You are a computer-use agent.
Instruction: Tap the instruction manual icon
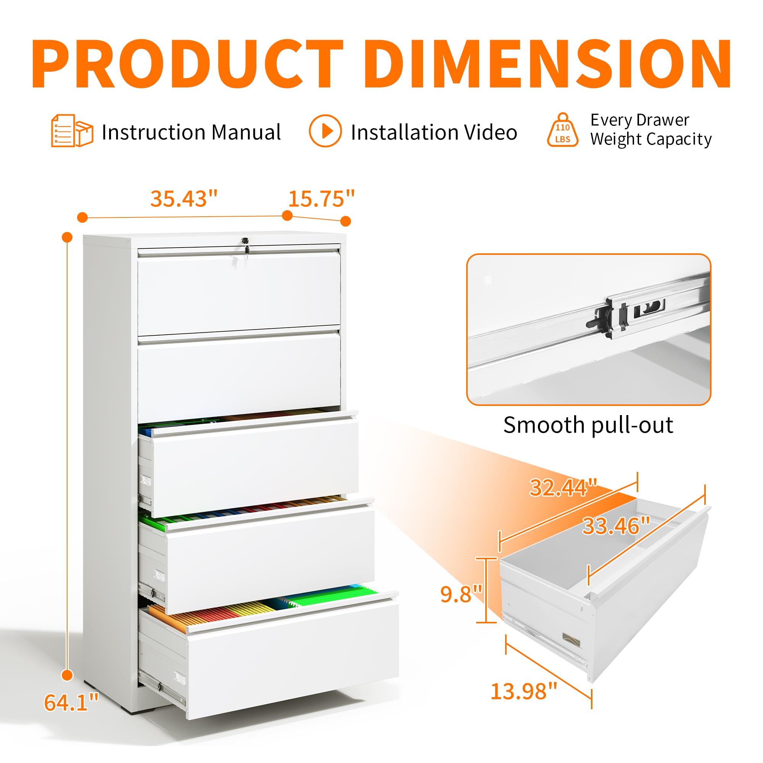pos(72,131)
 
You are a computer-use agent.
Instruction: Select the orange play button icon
pos(325,131)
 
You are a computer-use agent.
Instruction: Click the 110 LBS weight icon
pos(562,130)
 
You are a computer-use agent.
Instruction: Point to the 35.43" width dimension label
pos(184,199)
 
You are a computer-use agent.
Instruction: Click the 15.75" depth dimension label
pos(322,199)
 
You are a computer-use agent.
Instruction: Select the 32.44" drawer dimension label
pos(563,488)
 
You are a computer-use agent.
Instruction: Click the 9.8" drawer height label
pos(461,594)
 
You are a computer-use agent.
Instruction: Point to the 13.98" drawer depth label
pos(524,692)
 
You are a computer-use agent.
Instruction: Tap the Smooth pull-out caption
pos(588,425)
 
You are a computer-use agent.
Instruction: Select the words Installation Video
pos(434,132)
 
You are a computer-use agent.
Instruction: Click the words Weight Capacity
pos(651,139)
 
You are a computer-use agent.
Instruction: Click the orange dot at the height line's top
pos(68,237)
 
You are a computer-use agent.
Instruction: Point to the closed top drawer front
pos(239,292)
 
